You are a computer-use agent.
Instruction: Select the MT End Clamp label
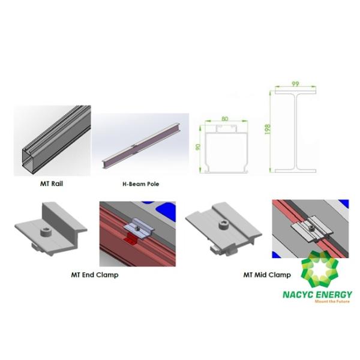(x=94, y=275)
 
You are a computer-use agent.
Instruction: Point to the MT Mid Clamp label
(x=267, y=275)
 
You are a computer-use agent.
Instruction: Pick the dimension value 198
(x=268, y=129)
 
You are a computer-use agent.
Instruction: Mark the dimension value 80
(x=225, y=118)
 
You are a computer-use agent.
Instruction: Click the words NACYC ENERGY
(x=317, y=295)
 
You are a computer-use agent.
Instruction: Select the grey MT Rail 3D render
(x=52, y=141)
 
